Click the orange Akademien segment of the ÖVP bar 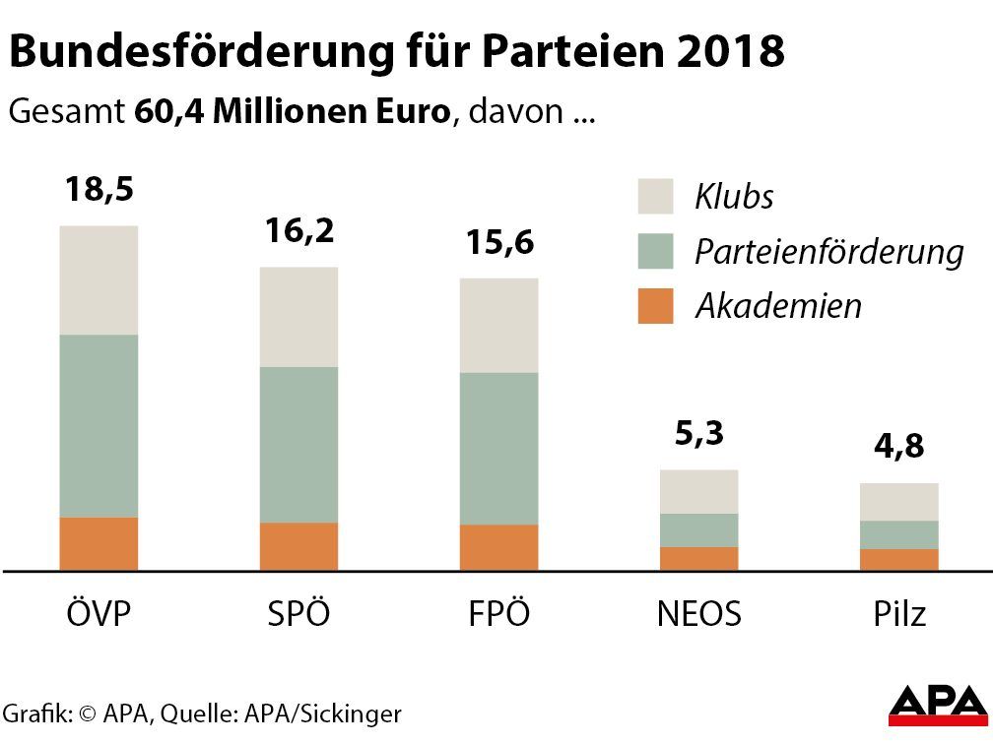(99, 543)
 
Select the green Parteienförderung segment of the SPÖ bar (298, 445)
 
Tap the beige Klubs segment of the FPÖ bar (499, 326)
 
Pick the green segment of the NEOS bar (698, 529)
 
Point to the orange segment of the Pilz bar (898, 559)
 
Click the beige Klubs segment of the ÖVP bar (99, 280)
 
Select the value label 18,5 (99, 189)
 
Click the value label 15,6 (499, 241)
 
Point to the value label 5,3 (699, 433)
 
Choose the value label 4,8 (899, 448)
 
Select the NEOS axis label (698, 614)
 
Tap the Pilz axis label (899, 614)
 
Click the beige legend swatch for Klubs (655, 196)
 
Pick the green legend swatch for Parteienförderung (655, 251)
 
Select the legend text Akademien (778, 306)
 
